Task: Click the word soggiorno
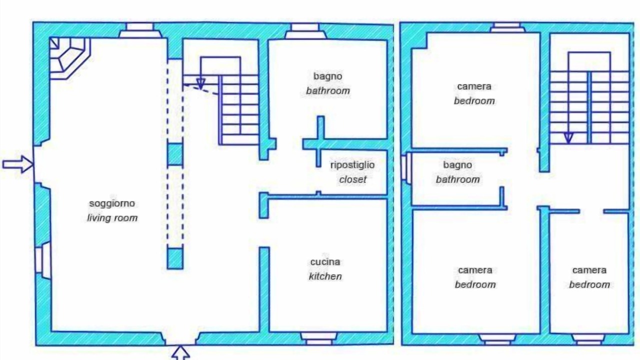[112, 203]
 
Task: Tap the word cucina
[325, 262]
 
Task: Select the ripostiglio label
[352, 165]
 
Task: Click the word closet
[352, 179]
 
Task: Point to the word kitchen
[325, 276]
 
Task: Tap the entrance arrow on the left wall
[18, 164]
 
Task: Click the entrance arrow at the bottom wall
[180, 352]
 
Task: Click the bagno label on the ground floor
[327, 76]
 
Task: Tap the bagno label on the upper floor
[457, 165]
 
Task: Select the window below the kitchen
[319, 338]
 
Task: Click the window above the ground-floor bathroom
[305, 30]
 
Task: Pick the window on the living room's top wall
[139, 30]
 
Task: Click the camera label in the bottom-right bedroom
[589, 270]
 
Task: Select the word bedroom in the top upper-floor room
[474, 101]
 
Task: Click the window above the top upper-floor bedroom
[507, 27]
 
